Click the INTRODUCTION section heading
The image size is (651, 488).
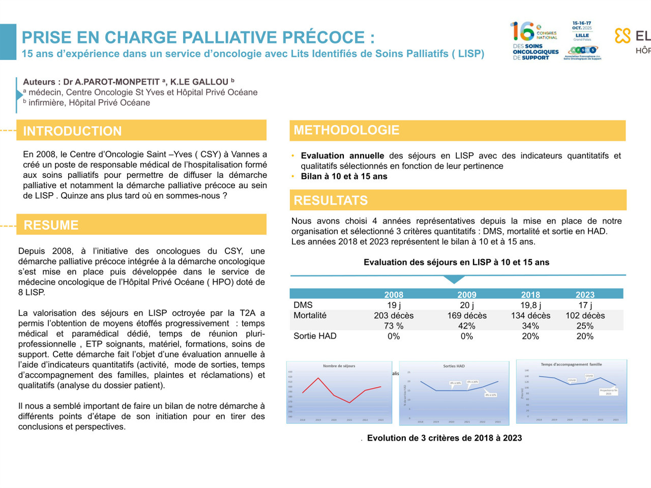point(72,131)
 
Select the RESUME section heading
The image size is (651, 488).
point(51,225)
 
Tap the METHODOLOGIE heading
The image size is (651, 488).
point(346,130)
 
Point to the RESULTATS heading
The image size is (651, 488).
point(331,200)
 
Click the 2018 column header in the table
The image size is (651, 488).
point(530,295)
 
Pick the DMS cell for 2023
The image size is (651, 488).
point(585,305)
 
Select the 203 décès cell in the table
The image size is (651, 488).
point(394,316)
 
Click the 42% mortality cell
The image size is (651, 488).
point(466,326)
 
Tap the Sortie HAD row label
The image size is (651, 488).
point(315,336)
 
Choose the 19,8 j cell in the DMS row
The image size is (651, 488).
point(530,305)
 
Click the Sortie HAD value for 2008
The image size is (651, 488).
point(394,337)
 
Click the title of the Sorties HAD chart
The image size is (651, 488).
point(454,366)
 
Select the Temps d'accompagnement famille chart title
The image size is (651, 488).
point(571,364)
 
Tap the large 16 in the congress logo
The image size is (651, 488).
point(522,32)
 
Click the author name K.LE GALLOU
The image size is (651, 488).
point(199,82)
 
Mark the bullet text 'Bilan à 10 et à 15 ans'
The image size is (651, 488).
point(344,176)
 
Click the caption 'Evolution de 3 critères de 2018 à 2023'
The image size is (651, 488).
point(445,438)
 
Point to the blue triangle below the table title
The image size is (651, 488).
point(454,280)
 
